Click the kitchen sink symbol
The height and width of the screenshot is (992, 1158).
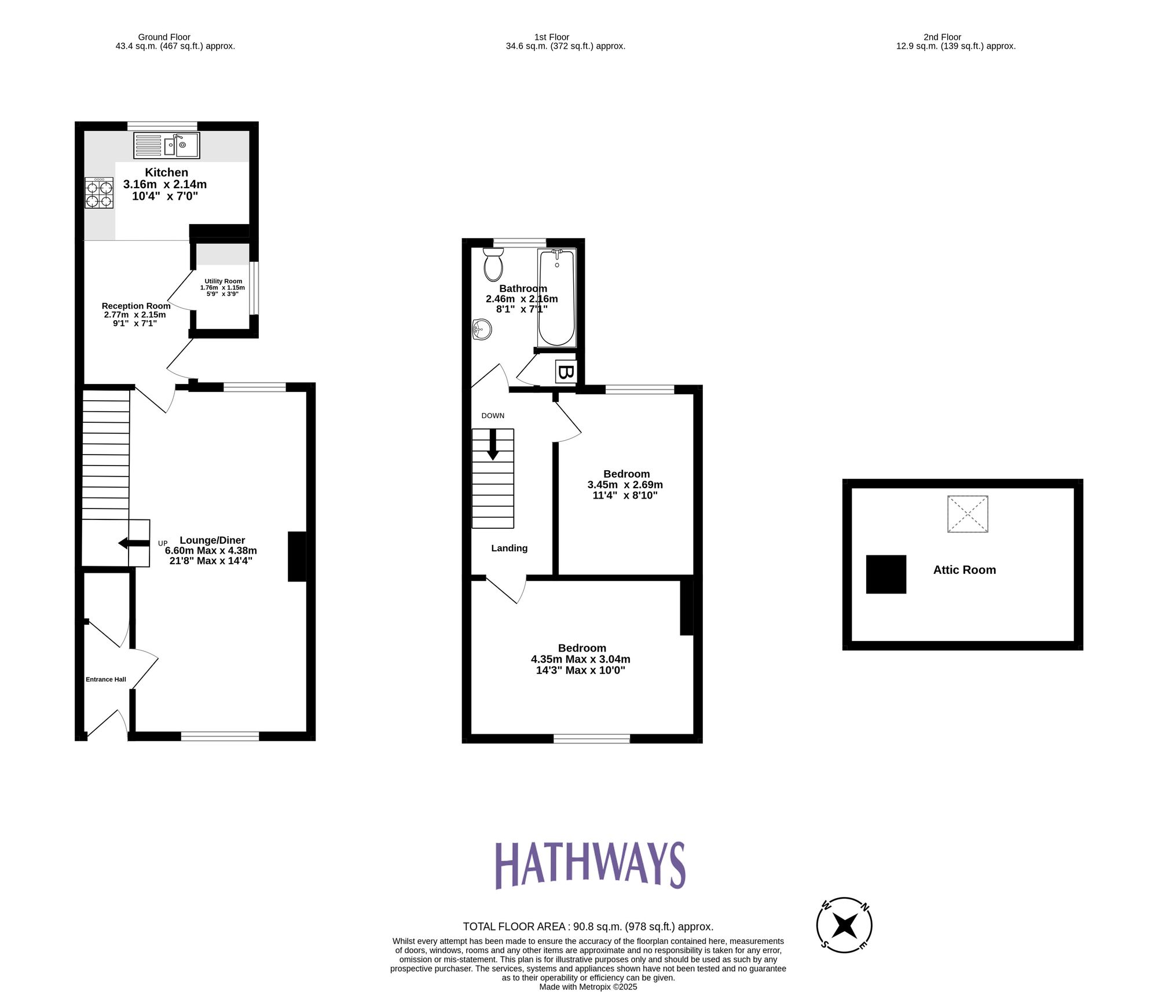167,145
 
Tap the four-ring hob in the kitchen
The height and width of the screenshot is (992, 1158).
99,193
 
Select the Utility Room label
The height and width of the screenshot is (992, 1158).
223,281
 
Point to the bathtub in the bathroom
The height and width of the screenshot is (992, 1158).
557,298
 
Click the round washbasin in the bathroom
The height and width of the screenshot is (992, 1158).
482,330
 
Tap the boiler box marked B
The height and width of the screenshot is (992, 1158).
566,372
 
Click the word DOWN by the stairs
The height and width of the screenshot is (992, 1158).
493,416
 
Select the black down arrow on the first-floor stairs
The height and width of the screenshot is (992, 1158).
493,445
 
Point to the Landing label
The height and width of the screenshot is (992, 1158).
509,548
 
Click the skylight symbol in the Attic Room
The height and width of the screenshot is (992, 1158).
968,514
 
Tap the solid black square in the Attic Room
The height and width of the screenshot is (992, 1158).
886,574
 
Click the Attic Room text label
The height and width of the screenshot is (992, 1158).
964,570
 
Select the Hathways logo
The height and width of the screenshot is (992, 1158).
590,866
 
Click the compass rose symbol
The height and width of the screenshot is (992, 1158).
844,925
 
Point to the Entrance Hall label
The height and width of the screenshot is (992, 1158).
106,679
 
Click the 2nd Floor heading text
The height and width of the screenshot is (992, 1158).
942,37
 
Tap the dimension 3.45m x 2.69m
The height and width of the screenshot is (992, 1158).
625,485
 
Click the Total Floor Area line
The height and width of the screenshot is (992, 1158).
588,927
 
